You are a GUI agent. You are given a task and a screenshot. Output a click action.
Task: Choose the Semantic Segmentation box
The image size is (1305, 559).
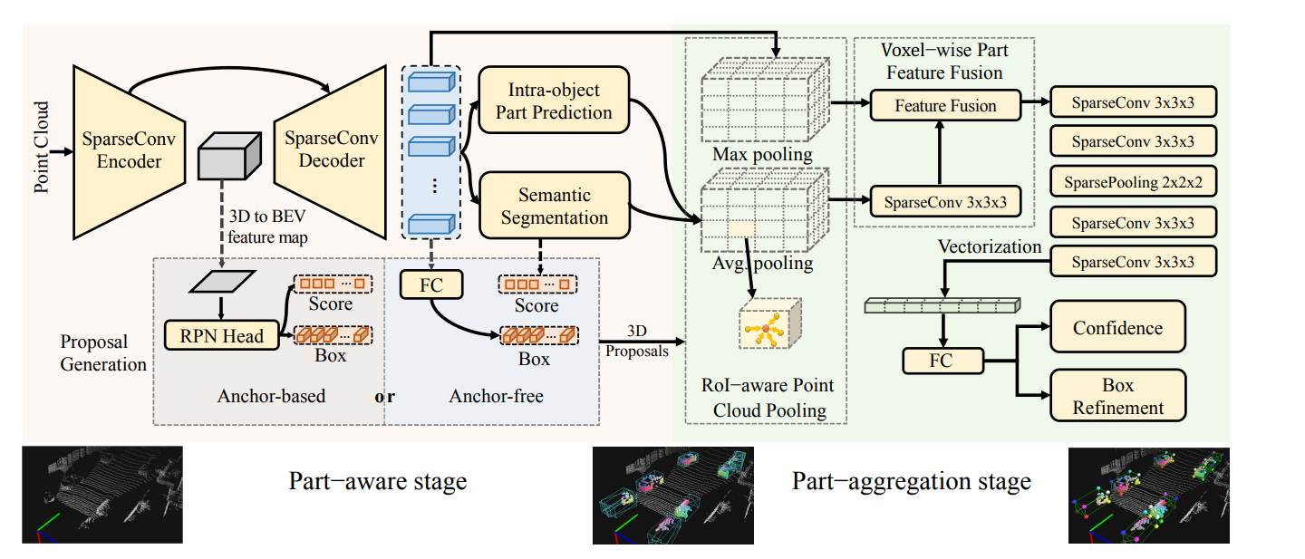click(x=554, y=207)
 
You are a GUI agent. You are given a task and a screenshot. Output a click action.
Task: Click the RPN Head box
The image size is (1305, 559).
click(x=221, y=336)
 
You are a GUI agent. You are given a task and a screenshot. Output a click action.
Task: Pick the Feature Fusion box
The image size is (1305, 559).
click(x=945, y=106)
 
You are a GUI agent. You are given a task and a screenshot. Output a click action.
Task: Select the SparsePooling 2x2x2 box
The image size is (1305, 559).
click(x=1133, y=182)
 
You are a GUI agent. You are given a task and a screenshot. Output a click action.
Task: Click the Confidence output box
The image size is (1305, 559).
click(x=1117, y=328)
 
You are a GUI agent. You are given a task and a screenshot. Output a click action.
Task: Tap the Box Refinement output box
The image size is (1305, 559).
click(x=1118, y=396)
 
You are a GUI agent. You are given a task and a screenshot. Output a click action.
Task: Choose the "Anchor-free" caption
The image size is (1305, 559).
click(x=496, y=395)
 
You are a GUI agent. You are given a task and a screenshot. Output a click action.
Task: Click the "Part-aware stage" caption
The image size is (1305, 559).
click(x=378, y=480)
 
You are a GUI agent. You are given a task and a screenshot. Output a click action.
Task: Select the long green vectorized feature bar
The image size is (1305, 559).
click(x=942, y=306)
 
